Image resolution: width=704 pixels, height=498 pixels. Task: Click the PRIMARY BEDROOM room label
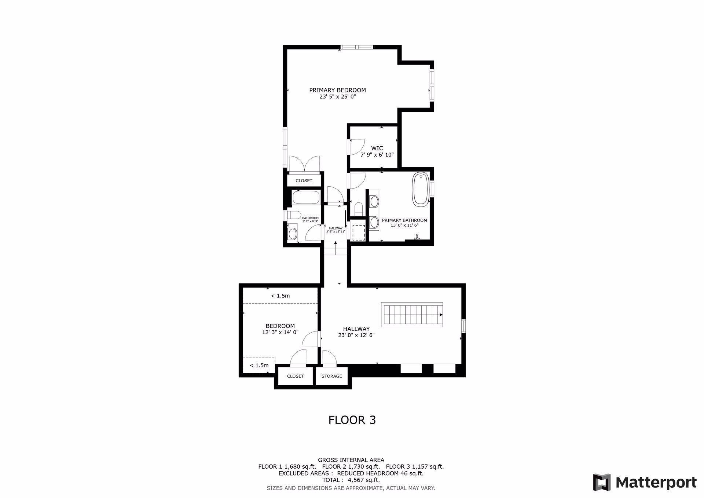coord(337,90)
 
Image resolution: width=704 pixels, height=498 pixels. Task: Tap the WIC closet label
coord(377,148)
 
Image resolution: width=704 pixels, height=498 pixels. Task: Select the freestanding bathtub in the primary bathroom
coord(421,189)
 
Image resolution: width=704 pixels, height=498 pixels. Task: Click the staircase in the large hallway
coord(412,315)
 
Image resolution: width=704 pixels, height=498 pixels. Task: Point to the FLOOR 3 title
coord(352,420)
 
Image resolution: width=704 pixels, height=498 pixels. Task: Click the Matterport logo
coord(645,482)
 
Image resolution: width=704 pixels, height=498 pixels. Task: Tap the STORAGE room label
coord(331,376)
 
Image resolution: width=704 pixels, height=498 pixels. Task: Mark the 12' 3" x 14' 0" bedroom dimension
coord(280,332)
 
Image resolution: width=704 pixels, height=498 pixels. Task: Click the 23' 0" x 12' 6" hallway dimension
coord(356,335)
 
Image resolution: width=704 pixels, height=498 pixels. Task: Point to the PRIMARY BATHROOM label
coord(404,220)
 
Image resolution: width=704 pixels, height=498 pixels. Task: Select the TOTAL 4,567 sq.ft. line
coord(351,480)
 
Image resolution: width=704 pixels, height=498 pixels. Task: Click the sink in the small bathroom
coord(292,233)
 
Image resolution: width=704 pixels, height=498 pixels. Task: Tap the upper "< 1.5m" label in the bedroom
coord(280,296)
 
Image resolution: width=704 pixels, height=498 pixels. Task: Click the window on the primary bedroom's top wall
coord(356,47)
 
